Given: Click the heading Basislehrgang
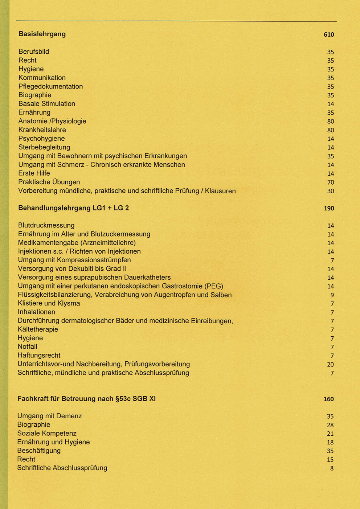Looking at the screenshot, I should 42,34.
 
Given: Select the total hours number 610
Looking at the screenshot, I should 329,35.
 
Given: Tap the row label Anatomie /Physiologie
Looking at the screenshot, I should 52,121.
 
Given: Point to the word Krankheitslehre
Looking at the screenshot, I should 42,130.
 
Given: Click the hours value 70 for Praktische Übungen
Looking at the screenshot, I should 331,182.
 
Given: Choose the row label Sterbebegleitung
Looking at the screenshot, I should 44,147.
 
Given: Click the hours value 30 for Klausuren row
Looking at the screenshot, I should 331,191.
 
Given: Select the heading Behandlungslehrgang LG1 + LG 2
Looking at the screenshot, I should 74,208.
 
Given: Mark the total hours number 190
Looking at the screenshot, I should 329,209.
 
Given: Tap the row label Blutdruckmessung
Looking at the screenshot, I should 46,226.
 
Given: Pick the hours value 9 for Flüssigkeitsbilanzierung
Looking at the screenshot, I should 332,295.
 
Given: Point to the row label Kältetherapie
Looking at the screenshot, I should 38,329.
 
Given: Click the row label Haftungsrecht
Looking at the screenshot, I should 39,356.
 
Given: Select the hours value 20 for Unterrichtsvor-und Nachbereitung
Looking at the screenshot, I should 331,365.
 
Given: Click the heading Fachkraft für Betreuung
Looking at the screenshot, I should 86,399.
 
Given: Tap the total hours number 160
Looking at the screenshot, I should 328,399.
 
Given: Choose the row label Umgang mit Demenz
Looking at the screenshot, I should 50,416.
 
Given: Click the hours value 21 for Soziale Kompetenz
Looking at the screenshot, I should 330,434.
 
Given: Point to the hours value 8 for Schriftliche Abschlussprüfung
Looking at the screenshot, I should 332,468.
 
